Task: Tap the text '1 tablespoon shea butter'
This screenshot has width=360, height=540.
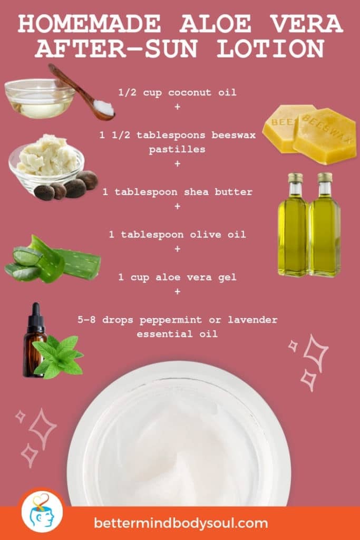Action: tap(177, 192)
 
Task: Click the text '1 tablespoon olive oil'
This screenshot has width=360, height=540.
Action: tap(177, 234)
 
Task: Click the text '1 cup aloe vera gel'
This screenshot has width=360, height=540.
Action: tap(177, 277)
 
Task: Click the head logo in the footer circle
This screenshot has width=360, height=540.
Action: tap(42, 511)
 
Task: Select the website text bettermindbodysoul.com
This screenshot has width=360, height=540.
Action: tap(181, 523)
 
